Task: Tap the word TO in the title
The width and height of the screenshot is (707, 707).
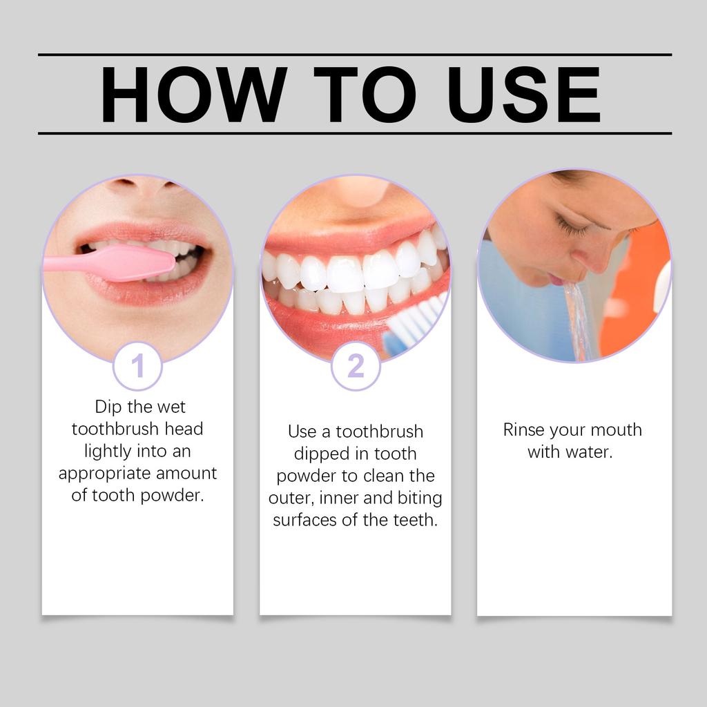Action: tap(365, 95)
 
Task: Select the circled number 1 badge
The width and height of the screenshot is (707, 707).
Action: tap(137, 366)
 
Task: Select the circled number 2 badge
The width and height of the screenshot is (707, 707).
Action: tap(356, 366)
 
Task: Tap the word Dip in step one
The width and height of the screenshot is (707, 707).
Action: tap(108, 407)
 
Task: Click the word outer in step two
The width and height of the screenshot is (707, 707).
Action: tap(291, 498)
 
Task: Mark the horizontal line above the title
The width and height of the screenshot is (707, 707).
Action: tap(354, 55)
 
